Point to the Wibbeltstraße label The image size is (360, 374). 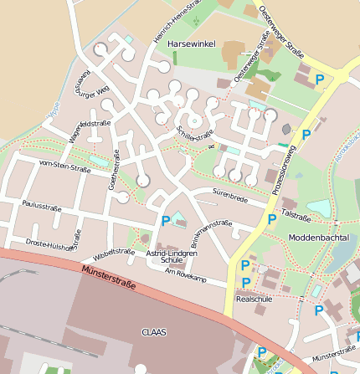pos(115,251)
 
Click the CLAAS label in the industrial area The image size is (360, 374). pos(155,331)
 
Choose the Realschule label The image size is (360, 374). pos(255,298)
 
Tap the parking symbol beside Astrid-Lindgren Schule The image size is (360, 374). pos(165,221)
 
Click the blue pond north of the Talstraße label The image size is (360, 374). pos(319,207)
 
